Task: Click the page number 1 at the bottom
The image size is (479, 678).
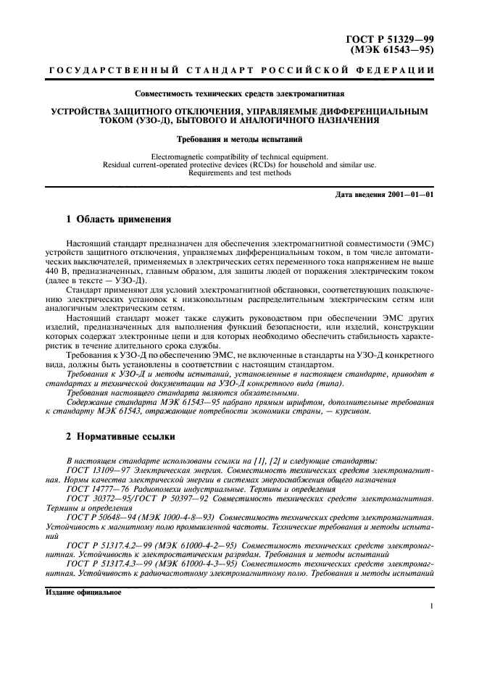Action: pyautogui.click(x=432, y=607)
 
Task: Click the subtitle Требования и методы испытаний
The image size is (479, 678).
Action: pyautogui.click(x=239, y=138)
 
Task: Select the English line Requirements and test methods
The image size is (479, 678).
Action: pyautogui.click(x=239, y=173)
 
